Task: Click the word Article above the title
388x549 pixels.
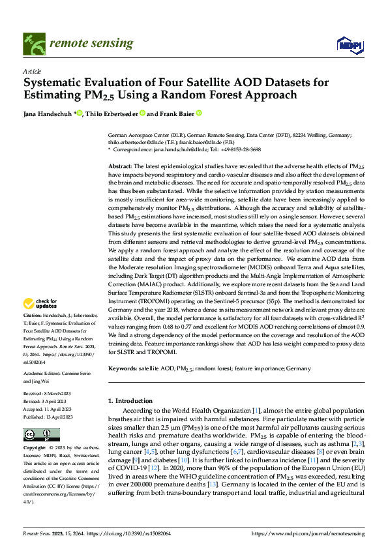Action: tap(32, 72)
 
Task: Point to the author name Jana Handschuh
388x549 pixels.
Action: tap(48, 113)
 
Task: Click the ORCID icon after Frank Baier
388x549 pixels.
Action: tap(199, 113)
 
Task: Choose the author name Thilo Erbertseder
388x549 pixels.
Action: tap(113, 113)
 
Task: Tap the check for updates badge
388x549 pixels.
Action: tap(40, 303)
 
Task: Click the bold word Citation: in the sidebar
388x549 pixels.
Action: tap(34, 315)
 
